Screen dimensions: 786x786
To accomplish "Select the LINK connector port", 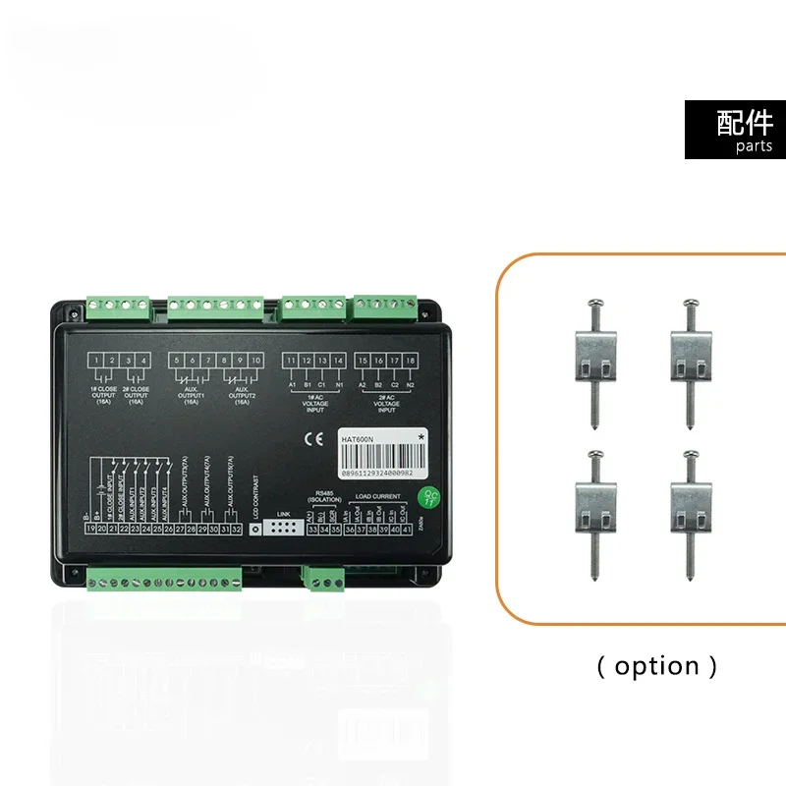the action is (x=285, y=528).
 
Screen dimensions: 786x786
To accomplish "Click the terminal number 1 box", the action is (x=99, y=361).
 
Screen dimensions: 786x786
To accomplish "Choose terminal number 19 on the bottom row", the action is (x=91, y=530).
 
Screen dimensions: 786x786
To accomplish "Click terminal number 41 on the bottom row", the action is (x=406, y=530).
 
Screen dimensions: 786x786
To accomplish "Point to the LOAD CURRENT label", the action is (x=376, y=497).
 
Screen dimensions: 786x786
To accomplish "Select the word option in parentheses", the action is (x=657, y=666).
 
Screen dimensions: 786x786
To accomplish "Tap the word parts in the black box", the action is (x=754, y=146).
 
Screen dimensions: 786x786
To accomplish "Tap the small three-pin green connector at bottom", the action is (x=316, y=580).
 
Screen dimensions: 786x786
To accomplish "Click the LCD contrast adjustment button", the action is (x=256, y=529).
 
